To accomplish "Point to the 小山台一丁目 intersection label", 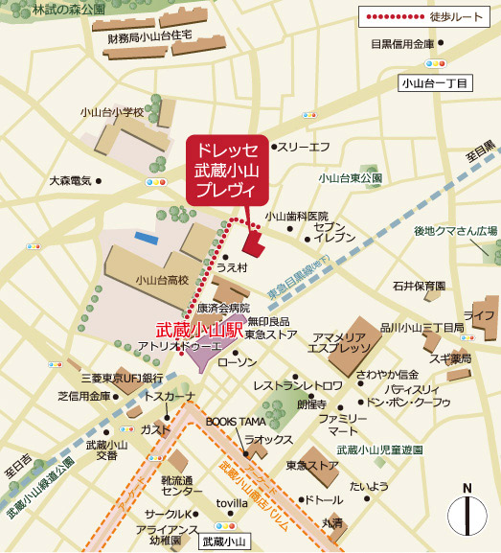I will [436, 84].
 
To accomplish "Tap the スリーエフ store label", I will [305, 147].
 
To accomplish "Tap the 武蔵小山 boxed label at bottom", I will [225, 541].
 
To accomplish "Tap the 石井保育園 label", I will [419, 286].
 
